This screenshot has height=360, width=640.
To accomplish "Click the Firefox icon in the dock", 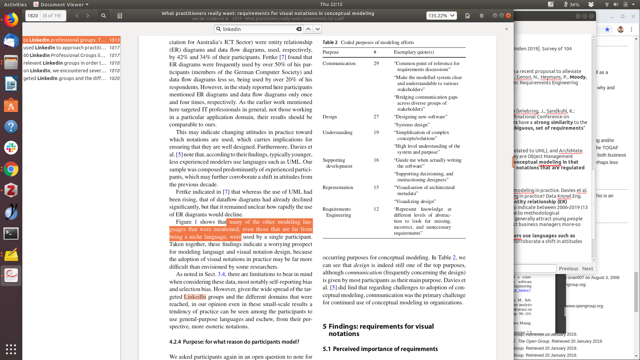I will click(x=11, y=20).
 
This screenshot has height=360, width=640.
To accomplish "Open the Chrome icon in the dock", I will click(x=11, y=169).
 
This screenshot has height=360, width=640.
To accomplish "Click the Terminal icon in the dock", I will click(x=11, y=233).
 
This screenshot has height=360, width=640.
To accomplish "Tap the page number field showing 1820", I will click(x=33, y=16).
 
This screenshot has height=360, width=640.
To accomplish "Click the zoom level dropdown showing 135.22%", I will click(x=441, y=16).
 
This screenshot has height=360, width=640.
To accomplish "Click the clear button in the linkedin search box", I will click(x=299, y=29).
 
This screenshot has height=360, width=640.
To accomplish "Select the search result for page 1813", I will click(x=71, y=40).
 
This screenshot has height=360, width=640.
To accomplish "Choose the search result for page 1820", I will click(x=71, y=78).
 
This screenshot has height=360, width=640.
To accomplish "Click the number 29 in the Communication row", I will click(x=376, y=63).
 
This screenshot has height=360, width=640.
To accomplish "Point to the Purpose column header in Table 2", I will click(x=331, y=52).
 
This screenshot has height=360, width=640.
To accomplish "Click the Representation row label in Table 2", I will click(x=338, y=187).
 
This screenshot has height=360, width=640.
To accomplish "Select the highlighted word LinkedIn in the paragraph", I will click(x=195, y=297).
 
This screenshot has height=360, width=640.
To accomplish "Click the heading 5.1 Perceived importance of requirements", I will click(x=380, y=349).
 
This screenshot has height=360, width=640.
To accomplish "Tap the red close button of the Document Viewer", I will click(x=508, y=16).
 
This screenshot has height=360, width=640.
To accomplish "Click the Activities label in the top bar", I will click(x=15, y=4).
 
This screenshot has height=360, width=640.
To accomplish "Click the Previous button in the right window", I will click(x=568, y=269).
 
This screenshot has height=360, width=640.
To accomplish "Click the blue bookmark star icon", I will click(x=607, y=29).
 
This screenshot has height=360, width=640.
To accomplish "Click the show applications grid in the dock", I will click(x=11, y=349).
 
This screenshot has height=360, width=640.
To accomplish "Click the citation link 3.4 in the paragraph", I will click(x=221, y=274).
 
